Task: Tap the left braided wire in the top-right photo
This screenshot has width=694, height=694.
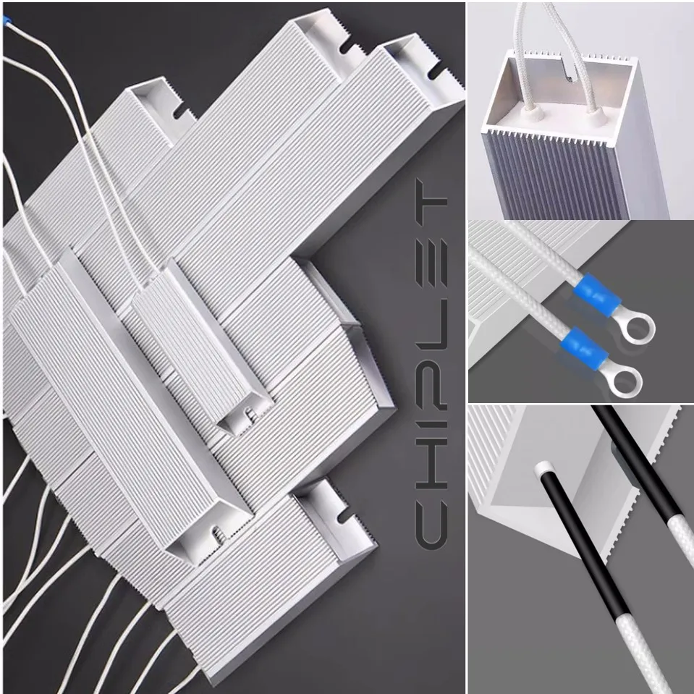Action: click(522, 51)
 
